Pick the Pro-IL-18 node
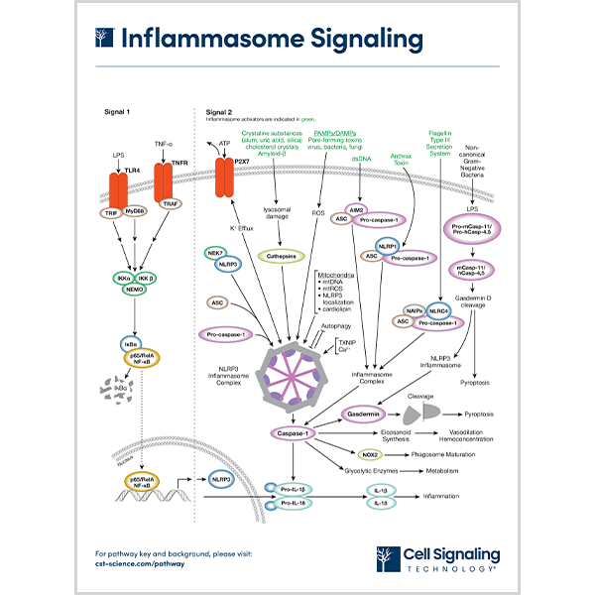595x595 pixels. click(297, 504)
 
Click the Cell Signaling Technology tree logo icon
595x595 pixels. click(389, 557)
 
